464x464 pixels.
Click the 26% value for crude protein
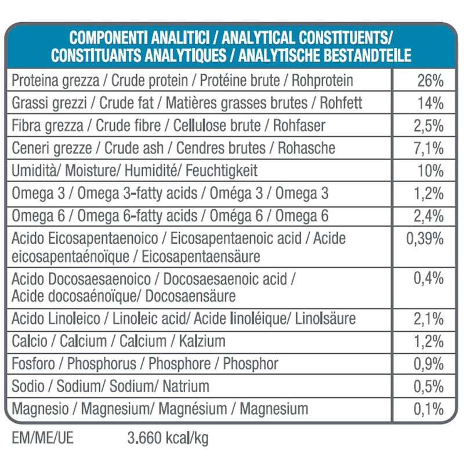pyautogui.click(x=430, y=80)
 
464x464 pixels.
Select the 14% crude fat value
pyautogui.click(x=430, y=103)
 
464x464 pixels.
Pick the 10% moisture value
pyautogui.click(x=430, y=171)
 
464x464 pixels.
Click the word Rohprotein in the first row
pyautogui.click(x=322, y=80)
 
